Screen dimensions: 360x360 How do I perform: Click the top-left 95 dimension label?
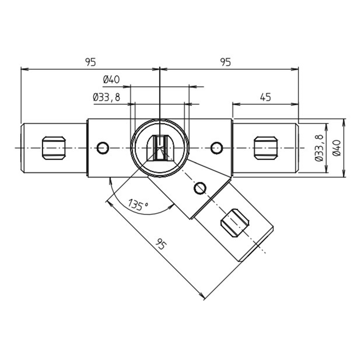pyautogui.click(x=90, y=62)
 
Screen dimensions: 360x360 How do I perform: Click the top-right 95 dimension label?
pyautogui.click(x=225, y=62)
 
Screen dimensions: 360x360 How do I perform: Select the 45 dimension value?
pyautogui.click(x=265, y=97)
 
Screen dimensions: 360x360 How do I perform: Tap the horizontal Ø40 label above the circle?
pyautogui.click(x=111, y=80)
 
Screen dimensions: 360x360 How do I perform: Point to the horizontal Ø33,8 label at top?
pyautogui.click(x=107, y=97)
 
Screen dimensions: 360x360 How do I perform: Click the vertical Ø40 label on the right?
pyautogui.click(x=337, y=148)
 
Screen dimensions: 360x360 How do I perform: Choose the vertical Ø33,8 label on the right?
pyautogui.click(x=319, y=148)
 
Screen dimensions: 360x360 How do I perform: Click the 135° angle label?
pyautogui.click(x=138, y=205)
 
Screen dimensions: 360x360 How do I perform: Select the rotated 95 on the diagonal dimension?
pyautogui.click(x=161, y=244)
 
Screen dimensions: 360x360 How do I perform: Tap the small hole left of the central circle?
pyautogui.click(x=103, y=148)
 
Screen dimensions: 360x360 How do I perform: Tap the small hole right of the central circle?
pyautogui.click(x=216, y=148)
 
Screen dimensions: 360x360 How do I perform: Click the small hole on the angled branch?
pyautogui.click(x=200, y=188)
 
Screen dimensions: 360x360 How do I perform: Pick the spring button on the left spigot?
pyautogui.click(x=54, y=148)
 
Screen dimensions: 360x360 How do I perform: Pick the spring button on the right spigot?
pyautogui.click(x=265, y=148)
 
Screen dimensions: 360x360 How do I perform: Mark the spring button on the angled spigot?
pyautogui.click(x=234, y=223)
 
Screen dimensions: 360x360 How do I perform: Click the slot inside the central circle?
pyautogui.click(x=160, y=148)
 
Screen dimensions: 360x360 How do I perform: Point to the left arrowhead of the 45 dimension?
pyautogui.click(x=236, y=104)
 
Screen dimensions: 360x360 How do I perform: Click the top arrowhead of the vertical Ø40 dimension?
pyautogui.click(x=344, y=122)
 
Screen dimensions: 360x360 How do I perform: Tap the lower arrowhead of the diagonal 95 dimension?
pyautogui.click(x=202, y=296)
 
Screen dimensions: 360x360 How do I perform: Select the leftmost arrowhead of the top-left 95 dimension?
pyautogui.click(x=25, y=69)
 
